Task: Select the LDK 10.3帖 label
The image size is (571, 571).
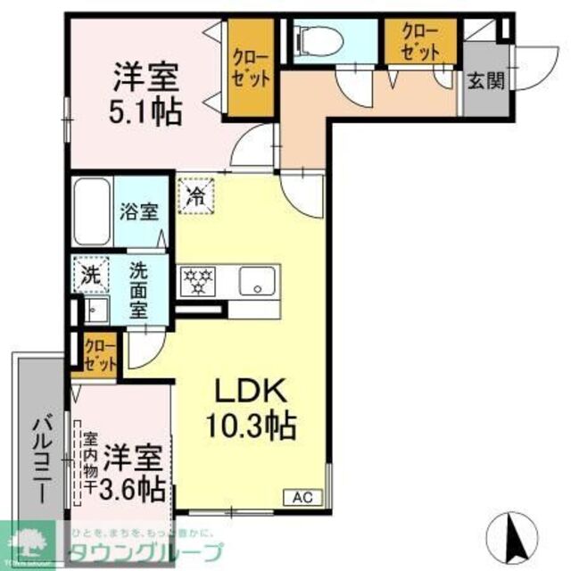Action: (251, 407)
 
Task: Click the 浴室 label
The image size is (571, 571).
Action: (139, 212)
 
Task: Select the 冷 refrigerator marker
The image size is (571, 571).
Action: (194, 194)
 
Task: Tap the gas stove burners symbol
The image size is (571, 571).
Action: (198, 281)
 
